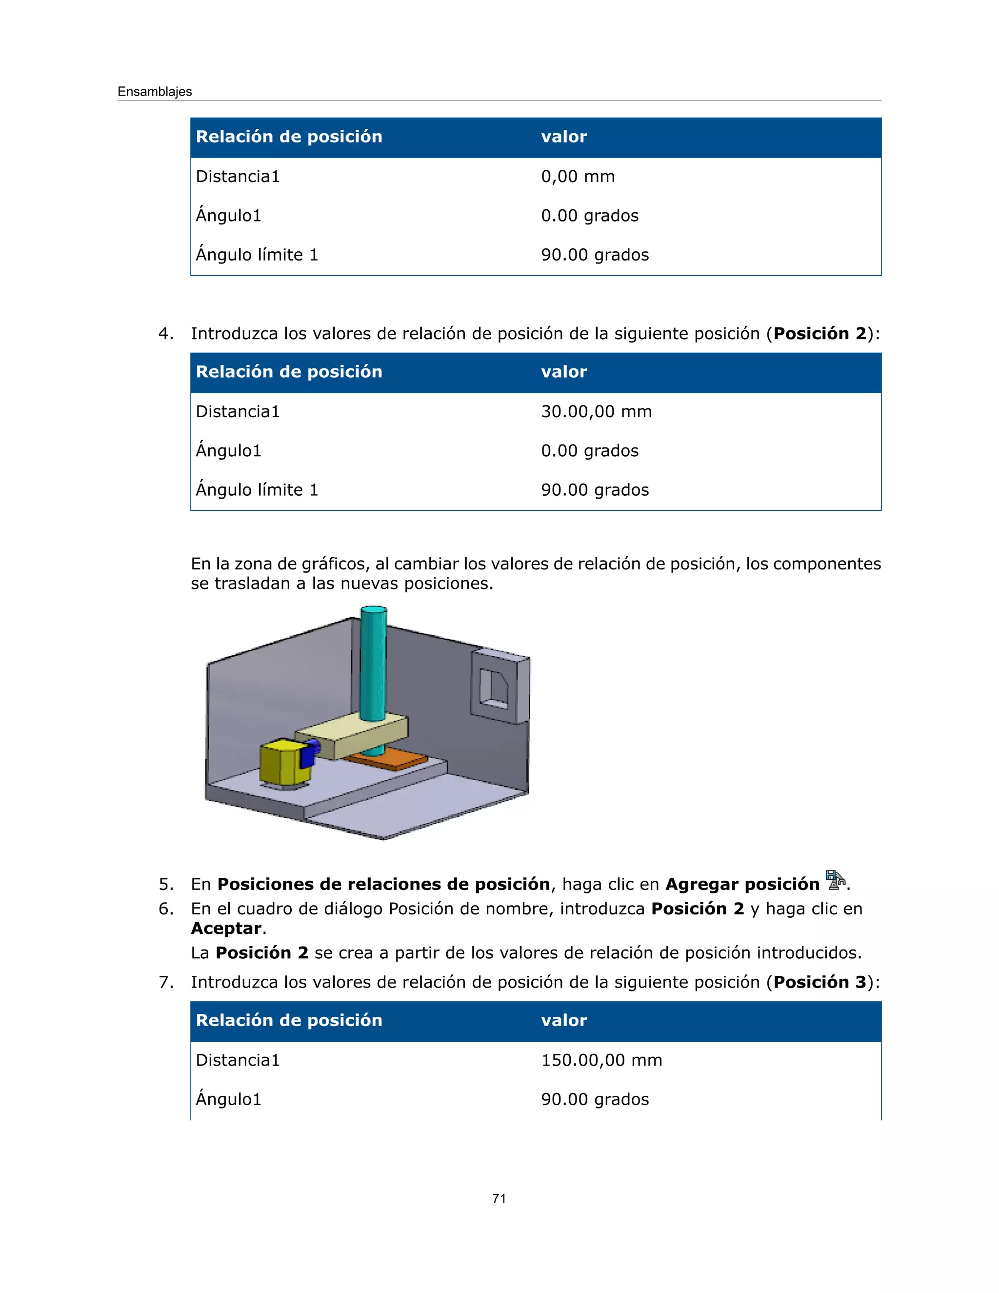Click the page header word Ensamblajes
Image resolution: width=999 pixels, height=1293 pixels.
155,92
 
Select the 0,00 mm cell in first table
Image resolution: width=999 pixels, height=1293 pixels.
578,177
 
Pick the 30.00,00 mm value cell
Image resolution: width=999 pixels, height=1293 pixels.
596,411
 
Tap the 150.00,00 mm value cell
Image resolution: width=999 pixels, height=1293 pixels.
601,1060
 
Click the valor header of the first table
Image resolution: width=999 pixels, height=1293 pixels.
563,137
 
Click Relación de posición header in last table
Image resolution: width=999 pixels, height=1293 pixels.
289,1020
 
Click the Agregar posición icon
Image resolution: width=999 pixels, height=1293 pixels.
835,880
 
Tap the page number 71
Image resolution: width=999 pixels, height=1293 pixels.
499,1198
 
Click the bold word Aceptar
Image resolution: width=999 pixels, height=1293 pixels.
226,929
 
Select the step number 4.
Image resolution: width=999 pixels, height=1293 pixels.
165,334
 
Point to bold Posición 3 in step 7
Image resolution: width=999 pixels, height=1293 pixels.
819,982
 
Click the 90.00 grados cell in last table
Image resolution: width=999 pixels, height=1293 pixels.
595,1099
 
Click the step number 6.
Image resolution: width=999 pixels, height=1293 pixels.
165,909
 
